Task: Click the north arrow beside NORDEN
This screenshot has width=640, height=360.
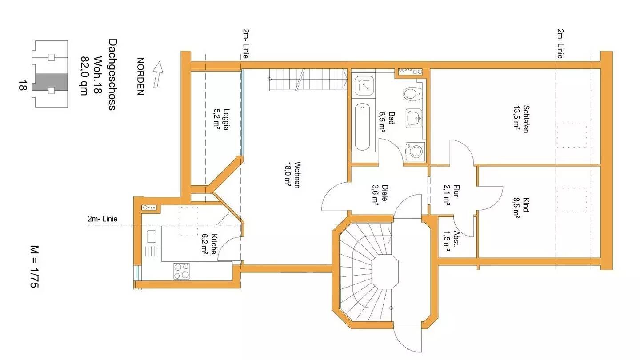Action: coord(158,74)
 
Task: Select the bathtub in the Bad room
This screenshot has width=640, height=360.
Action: coord(362,127)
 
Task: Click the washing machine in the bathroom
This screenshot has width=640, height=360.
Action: coord(416,152)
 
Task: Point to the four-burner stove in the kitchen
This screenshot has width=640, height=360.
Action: coord(181,271)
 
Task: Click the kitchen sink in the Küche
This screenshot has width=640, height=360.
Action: coord(152,236)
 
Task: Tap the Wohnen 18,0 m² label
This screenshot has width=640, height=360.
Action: coord(292,175)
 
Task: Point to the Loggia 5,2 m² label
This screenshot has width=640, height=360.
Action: coord(221,119)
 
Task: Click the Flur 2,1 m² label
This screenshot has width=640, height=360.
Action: coord(452,195)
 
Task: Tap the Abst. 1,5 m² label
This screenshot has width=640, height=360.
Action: coord(452,241)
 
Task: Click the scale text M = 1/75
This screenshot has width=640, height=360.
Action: coord(34,267)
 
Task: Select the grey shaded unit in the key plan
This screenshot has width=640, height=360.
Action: coord(50,82)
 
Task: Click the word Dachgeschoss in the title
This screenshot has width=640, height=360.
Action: coord(112,75)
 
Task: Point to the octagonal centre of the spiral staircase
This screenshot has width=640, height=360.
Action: coord(385,272)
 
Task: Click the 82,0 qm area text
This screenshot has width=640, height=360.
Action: coord(84,76)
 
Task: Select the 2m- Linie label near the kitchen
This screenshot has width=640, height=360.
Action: coord(103,219)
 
